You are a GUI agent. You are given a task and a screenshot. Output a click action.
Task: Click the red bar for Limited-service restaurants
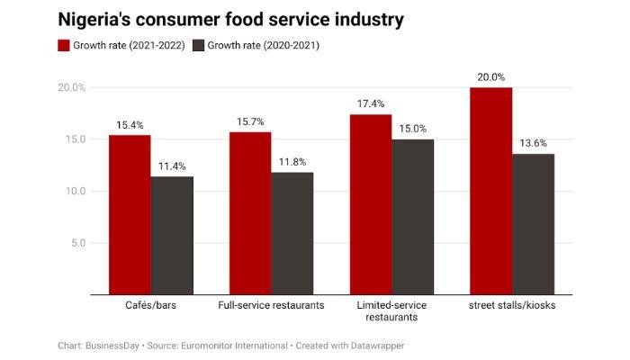371,204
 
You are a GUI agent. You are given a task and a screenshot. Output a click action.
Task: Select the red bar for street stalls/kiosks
490,191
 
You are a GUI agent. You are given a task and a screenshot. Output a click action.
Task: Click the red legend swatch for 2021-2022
65,45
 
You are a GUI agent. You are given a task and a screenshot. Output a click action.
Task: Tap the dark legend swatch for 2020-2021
200,45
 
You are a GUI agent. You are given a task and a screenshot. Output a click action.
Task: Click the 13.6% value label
533,143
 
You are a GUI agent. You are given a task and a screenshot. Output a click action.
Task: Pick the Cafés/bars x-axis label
151,306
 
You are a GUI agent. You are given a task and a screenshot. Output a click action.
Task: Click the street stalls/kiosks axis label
512,306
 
